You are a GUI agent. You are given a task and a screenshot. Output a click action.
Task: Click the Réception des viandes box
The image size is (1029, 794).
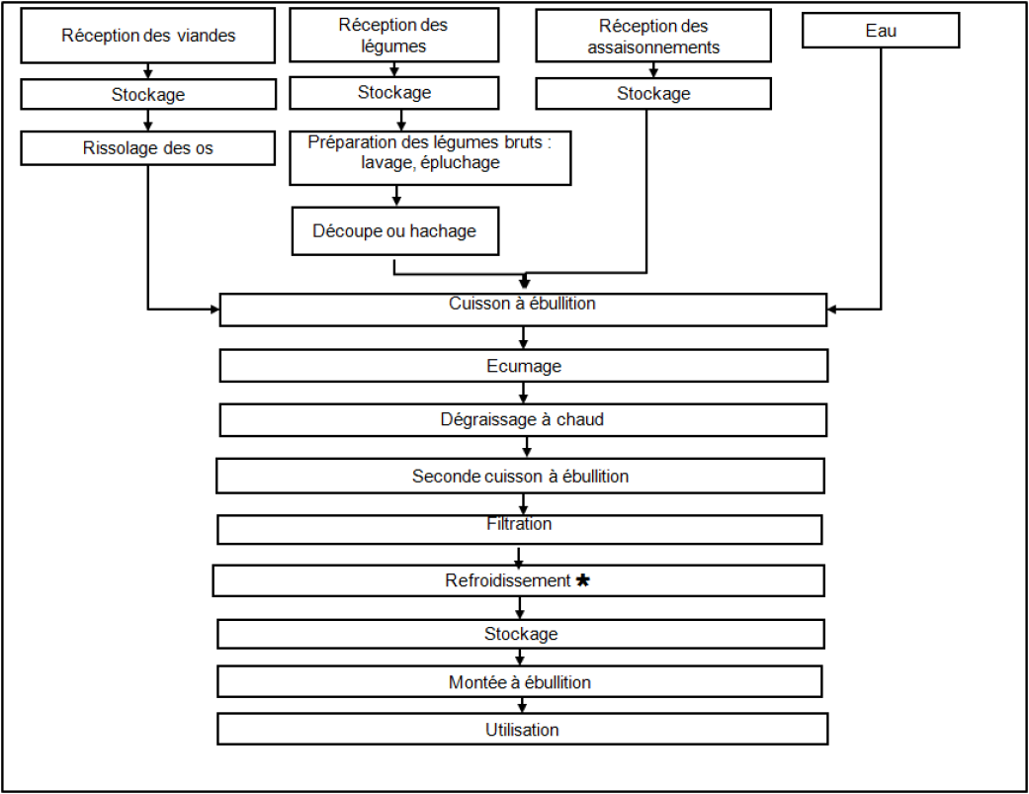(147, 36)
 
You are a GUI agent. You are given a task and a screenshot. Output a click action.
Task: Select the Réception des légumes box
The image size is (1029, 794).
(393, 36)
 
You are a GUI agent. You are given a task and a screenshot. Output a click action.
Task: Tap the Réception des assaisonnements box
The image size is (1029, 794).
(653, 36)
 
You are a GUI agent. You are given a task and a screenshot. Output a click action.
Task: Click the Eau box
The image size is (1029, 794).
(881, 31)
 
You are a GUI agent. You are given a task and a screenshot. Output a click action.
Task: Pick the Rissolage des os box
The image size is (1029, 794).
(147, 147)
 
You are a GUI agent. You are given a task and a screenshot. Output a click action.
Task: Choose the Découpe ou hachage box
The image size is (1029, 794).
(395, 231)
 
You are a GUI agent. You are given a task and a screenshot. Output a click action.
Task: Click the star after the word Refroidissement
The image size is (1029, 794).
(582, 580)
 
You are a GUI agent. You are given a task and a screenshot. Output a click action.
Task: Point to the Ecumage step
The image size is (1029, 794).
(524, 366)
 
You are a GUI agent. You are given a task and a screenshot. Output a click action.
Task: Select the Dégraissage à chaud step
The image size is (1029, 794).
(523, 420)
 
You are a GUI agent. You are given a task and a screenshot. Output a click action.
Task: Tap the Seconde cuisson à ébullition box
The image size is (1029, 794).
(520, 476)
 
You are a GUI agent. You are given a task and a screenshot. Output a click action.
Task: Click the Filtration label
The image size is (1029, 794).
(519, 524)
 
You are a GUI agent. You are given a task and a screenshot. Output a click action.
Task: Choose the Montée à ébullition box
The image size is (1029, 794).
(520, 682)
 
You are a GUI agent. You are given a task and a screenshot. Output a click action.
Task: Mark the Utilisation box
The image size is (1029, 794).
(522, 729)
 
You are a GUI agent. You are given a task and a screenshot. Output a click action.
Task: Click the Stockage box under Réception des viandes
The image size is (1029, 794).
(148, 95)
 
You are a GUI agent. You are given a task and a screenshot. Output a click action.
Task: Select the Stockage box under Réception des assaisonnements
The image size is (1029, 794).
(653, 94)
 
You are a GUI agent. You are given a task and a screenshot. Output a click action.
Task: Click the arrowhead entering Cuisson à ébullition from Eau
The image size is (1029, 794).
(831, 309)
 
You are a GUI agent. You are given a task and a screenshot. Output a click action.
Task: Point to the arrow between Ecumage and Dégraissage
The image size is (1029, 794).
(523, 393)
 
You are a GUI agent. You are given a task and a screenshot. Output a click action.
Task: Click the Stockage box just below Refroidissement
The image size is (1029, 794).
(521, 634)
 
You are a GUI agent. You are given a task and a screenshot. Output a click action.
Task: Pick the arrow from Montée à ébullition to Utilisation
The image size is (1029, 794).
(522, 705)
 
